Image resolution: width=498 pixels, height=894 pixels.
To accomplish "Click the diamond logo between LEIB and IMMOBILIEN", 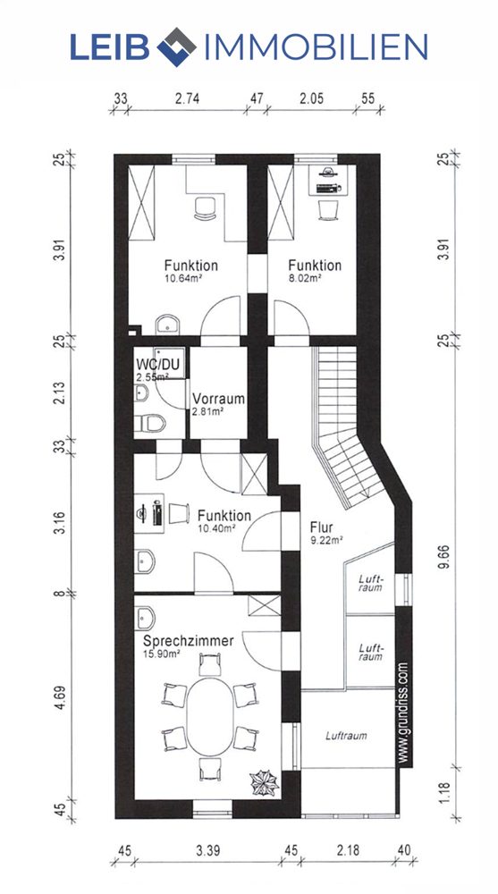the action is [x=176, y=46].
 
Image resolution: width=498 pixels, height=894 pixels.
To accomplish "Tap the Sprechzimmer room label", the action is [x=189, y=641].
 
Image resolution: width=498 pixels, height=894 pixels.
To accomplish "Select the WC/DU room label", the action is [x=154, y=363].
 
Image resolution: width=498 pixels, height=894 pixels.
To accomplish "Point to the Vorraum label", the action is [x=218, y=399].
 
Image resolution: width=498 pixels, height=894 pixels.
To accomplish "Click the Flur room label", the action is [x=322, y=527].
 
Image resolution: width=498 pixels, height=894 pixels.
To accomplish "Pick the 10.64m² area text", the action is [x=183, y=278].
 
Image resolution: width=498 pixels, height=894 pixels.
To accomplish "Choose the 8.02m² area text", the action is [x=305, y=278].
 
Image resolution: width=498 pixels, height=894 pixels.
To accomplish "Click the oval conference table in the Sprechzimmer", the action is [x=210, y=716].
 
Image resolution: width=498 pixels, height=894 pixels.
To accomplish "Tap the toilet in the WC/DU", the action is [x=149, y=423].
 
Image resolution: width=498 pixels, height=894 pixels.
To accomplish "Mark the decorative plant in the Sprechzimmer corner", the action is [x=265, y=782].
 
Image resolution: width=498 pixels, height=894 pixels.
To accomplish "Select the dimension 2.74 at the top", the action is [x=187, y=98].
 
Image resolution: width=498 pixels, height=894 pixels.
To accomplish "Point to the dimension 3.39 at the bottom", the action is [x=209, y=851].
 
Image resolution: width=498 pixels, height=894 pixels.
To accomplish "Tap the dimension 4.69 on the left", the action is [x=61, y=698].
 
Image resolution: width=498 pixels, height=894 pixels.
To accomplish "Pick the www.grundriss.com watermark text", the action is [x=402, y=713].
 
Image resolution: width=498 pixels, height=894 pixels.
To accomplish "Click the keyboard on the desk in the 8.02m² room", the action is [x=328, y=189].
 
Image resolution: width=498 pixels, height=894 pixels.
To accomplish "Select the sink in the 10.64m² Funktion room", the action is [x=168, y=325].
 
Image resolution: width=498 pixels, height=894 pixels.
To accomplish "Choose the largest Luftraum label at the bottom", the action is [x=346, y=736].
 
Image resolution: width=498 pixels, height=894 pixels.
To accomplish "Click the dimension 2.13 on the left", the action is [x=61, y=392].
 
